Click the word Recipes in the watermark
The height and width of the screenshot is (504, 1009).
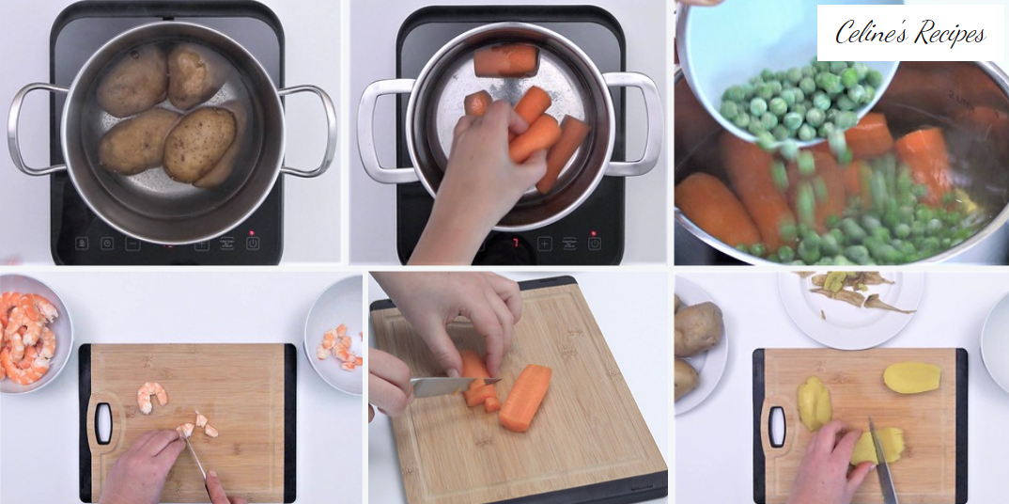click(945, 34)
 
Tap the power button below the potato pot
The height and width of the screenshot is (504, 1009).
click(253, 244)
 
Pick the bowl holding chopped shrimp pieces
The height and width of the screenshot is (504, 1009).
click(334, 335)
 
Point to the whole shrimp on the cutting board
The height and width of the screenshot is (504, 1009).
click(152, 397)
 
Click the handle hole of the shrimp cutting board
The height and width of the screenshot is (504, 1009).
click(103, 423)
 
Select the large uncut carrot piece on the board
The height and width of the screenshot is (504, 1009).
click(525, 397)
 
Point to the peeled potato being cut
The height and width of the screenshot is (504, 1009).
click(878, 446)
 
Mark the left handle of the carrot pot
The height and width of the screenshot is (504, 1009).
click(384, 131)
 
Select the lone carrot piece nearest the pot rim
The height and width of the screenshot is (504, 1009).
click(505, 60)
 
